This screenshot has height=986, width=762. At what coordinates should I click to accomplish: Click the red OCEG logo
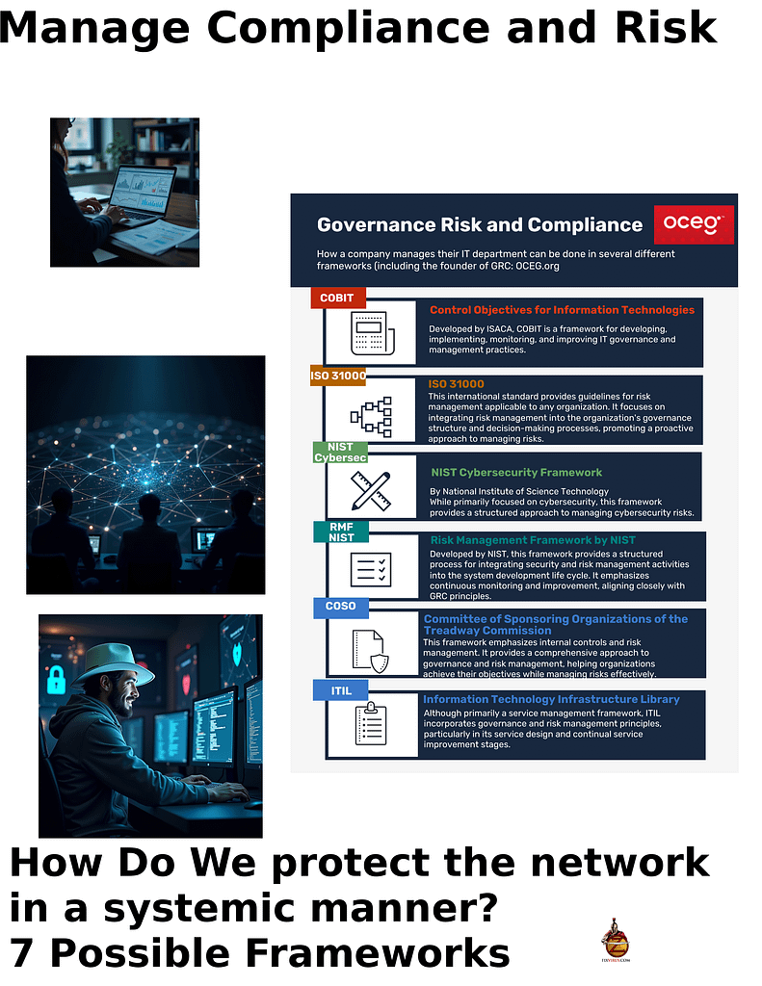point(693,224)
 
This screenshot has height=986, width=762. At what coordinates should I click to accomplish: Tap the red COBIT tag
point(337,298)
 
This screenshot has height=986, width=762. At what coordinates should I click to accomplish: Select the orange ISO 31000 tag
point(337,375)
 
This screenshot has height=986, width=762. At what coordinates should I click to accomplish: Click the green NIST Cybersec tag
point(340,452)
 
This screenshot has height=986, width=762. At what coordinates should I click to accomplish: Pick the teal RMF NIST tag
point(341,532)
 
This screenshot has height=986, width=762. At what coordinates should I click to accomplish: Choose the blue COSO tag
point(341,607)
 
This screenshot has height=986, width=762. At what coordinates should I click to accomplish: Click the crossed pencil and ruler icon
point(370,490)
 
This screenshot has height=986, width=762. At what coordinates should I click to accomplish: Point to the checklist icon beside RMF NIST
point(370,570)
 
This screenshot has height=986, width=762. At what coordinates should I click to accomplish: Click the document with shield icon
point(370,647)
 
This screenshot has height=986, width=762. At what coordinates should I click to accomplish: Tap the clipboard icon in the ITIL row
point(370,724)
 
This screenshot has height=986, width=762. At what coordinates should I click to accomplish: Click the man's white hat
point(115,663)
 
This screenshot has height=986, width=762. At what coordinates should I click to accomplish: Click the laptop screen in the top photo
point(143,189)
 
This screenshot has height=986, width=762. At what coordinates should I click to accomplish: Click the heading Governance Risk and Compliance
point(480,225)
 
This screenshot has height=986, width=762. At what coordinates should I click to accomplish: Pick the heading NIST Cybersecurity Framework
point(516,472)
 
